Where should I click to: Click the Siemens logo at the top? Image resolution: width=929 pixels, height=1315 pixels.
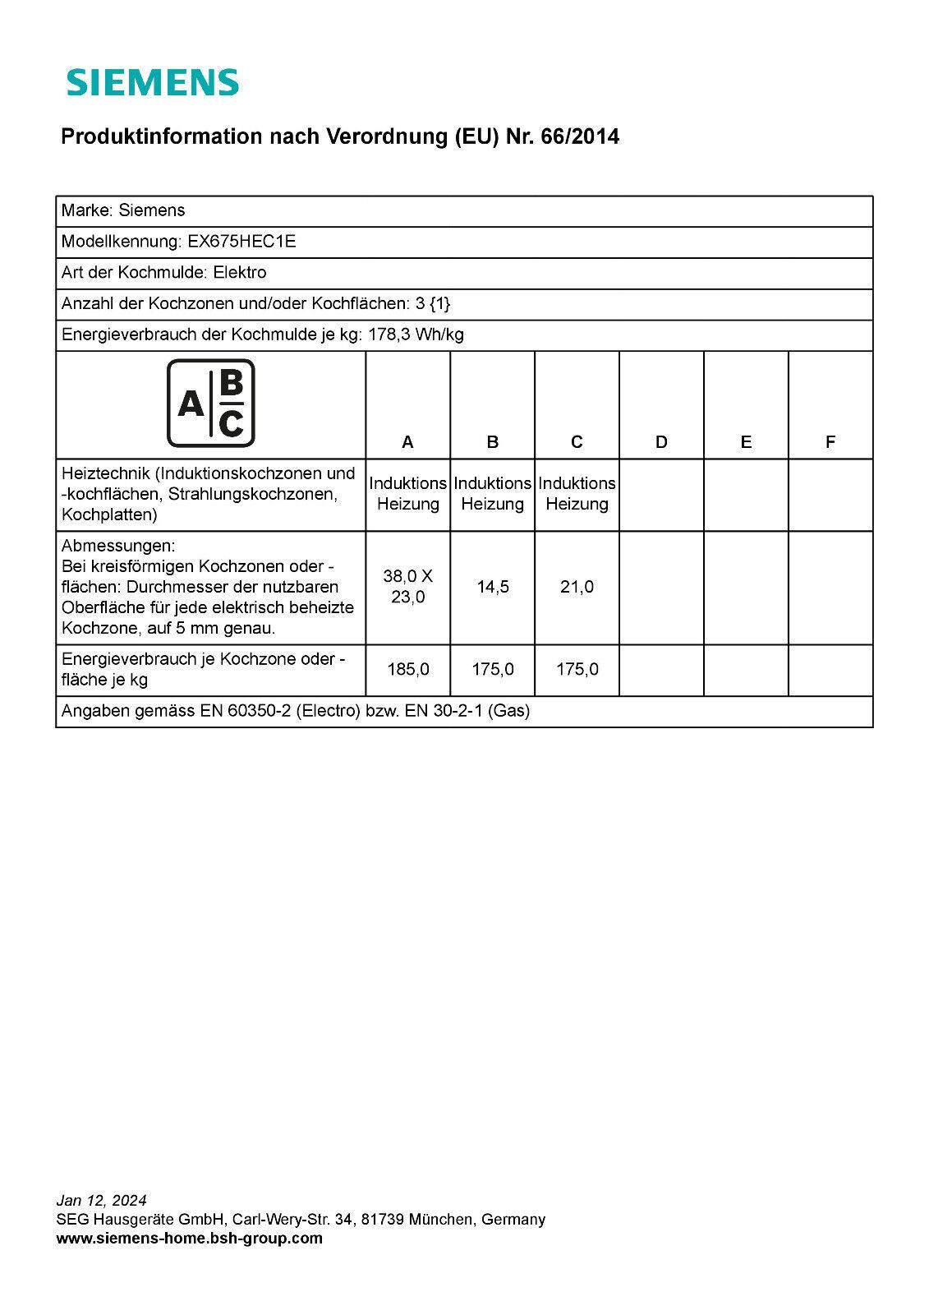tap(153, 82)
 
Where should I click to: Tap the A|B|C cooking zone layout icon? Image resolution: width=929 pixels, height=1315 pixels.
tap(211, 404)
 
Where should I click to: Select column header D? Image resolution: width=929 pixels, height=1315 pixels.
tap(661, 442)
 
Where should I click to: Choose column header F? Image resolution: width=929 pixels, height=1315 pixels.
tap(830, 442)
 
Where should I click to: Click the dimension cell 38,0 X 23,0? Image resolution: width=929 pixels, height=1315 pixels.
tap(408, 587)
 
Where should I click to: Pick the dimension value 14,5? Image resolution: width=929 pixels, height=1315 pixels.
tap(493, 587)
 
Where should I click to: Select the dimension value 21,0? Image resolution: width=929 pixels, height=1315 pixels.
tap(577, 587)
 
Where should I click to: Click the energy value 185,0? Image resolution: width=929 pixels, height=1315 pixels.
tap(408, 670)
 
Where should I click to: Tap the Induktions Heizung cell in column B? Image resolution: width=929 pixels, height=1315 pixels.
tap(493, 494)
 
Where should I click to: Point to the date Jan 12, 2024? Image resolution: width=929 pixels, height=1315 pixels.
tap(102, 1201)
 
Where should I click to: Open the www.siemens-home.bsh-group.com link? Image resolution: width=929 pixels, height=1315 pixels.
tap(190, 1239)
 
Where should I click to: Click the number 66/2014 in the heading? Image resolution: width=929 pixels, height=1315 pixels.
tap(580, 137)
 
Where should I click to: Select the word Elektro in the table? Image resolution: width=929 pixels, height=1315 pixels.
tap(240, 273)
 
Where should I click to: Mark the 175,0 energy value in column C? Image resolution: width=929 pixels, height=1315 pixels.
tap(577, 670)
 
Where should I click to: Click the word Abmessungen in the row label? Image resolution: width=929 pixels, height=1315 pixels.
tap(118, 547)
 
